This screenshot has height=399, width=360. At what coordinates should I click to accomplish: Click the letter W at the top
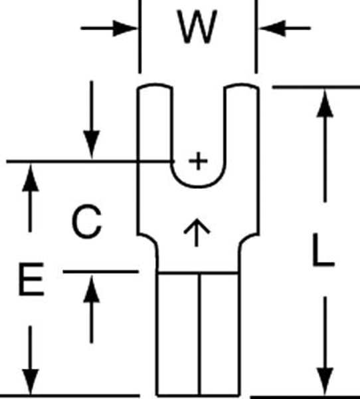197,27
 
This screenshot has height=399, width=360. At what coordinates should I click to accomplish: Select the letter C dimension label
87,221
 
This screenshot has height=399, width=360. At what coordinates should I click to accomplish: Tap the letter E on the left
31,279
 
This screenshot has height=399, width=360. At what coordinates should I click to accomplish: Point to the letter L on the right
323,250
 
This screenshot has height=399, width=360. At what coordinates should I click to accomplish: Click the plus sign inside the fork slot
198,161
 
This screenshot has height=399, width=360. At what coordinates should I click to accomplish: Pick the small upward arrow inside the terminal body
197,232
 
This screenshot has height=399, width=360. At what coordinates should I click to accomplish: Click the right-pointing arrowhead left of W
125,28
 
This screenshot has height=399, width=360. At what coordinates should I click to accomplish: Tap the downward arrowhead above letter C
92,144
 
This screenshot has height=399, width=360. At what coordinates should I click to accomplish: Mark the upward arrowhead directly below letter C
92,289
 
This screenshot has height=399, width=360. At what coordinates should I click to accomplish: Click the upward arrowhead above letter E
31,178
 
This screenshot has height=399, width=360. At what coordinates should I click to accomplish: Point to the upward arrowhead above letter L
325,104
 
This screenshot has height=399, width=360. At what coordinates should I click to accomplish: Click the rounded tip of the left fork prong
155,84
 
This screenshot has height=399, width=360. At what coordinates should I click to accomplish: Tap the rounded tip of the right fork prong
242,84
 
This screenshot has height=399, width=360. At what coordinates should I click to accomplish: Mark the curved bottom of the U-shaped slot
198,187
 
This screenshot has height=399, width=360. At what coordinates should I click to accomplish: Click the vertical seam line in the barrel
199,334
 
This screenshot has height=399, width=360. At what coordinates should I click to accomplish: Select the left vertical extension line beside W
140,37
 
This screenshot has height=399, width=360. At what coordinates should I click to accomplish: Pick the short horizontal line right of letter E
101,272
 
